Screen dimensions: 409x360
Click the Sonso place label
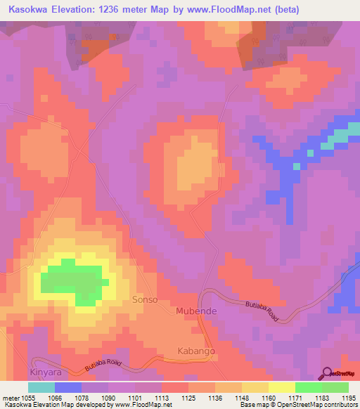pos(145,300)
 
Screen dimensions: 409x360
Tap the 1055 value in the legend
pos(29,397)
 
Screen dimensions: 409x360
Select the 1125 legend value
pos(188,397)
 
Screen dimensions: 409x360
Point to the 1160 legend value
pos(268,397)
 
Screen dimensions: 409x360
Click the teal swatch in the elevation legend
pos(41,387)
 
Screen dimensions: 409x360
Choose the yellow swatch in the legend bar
pos(281,387)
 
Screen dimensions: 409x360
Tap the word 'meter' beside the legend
pos(11,397)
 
